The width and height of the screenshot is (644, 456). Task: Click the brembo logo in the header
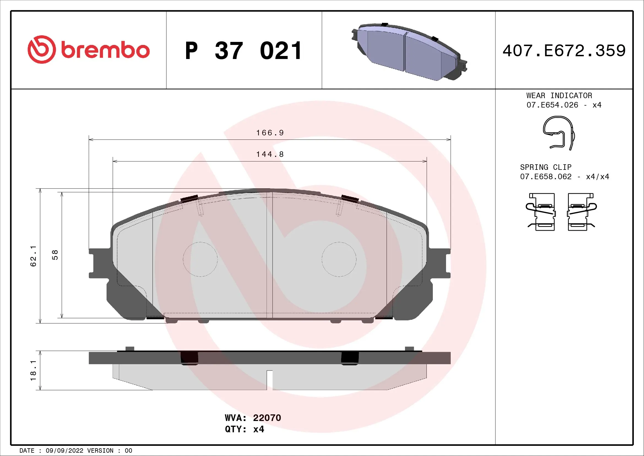click(89, 50)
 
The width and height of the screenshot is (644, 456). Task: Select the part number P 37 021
click(243, 51)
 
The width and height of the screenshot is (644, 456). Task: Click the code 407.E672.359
click(564, 51)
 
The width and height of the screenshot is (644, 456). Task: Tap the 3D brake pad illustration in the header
click(409, 52)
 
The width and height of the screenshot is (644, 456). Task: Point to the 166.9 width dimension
click(270, 133)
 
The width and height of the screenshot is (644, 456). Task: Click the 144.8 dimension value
click(270, 154)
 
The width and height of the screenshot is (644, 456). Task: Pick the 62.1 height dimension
click(33, 256)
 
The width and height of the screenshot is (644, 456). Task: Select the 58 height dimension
click(55, 255)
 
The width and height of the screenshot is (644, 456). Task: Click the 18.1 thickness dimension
click(33, 371)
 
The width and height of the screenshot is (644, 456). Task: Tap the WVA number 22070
click(267, 418)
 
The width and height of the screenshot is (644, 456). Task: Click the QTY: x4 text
click(244, 429)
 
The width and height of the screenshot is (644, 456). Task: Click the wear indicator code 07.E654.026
click(552, 105)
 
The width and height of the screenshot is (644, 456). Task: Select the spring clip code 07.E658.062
click(545, 177)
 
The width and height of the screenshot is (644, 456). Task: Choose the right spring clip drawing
click(581, 212)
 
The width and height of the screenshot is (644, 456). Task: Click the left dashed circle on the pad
click(200, 259)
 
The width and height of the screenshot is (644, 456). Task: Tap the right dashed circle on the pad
click(339, 259)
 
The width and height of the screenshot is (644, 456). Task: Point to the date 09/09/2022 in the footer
click(64, 451)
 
